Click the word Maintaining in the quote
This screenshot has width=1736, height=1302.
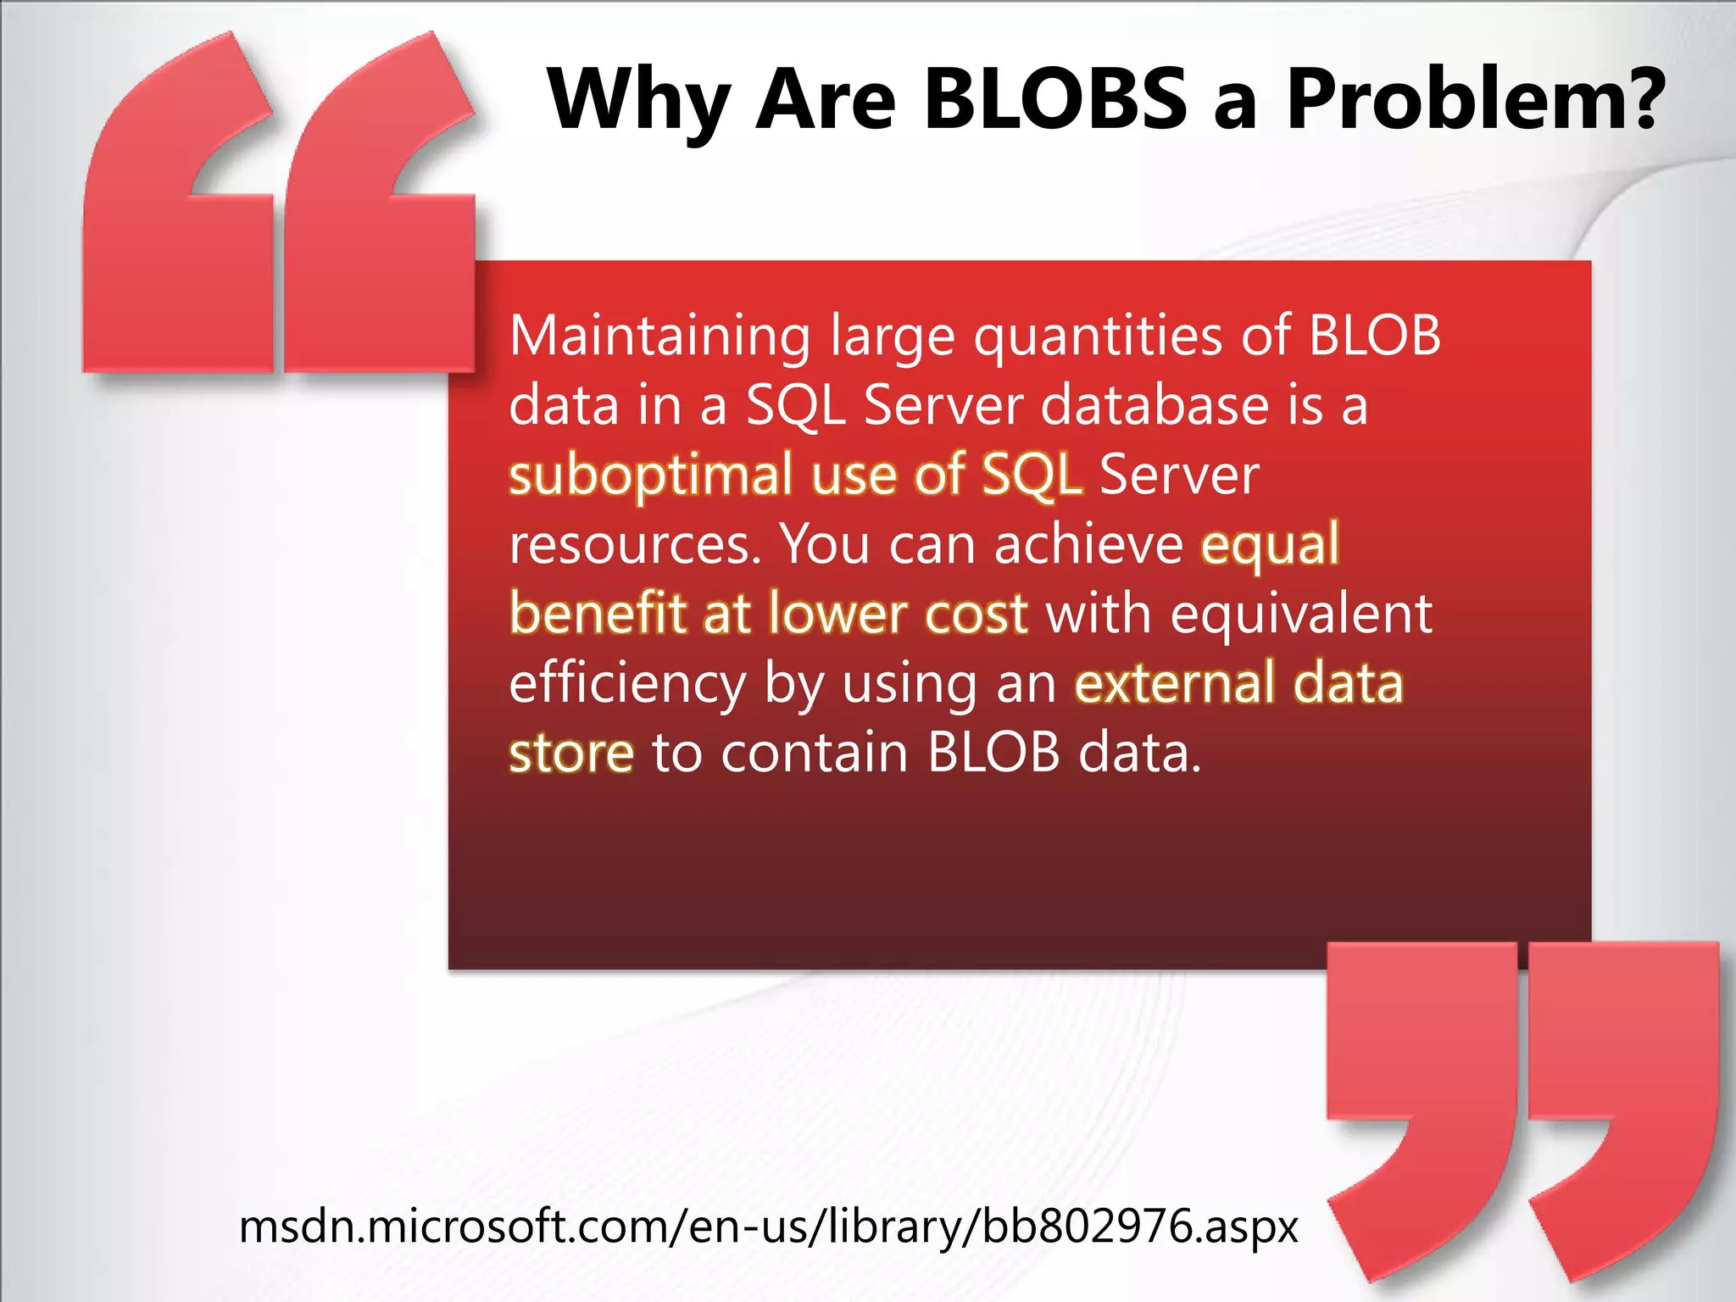tap(659, 337)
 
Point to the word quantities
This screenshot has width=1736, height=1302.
tap(1097, 337)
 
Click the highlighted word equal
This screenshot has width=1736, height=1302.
tap(1270, 544)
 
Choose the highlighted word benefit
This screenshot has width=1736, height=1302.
tap(597, 614)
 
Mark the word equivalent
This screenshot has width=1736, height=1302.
tap(1301, 614)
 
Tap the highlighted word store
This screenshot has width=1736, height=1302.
tap(571, 753)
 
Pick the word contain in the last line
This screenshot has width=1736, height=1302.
tap(814, 753)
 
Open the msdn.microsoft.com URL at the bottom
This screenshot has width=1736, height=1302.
tap(768, 1226)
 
